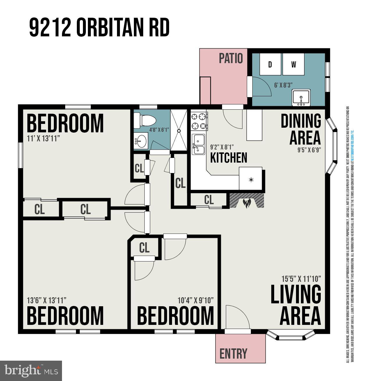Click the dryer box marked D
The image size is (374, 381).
(270, 64)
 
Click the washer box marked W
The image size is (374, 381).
(293, 64)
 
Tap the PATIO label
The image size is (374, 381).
(231, 58)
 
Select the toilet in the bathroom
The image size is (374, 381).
(145, 121)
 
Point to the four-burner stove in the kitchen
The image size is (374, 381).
(199, 121)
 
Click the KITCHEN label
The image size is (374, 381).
(228, 158)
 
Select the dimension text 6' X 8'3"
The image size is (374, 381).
(283, 85)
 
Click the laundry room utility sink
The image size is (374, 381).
(301, 98)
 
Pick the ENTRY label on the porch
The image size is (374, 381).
(233, 354)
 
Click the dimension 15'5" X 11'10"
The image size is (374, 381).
(301, 279)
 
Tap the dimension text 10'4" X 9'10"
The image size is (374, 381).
(196, 300)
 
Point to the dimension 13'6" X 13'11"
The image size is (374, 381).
(47, 300)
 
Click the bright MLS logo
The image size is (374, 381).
(31, 371)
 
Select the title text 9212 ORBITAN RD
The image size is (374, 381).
(99, 28)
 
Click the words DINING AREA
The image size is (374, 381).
(301, 129)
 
